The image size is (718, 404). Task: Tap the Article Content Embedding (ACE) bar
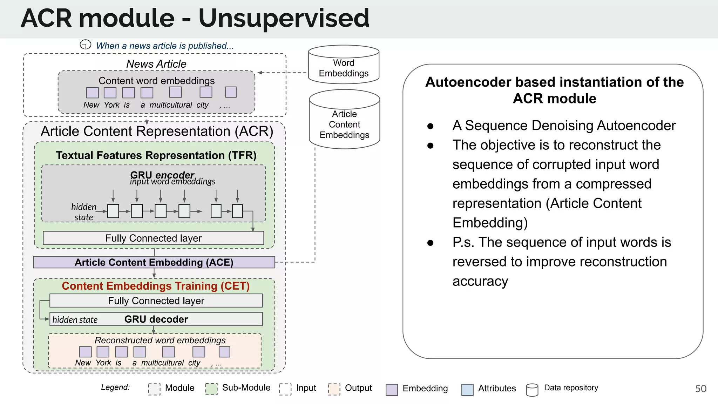point(154,262)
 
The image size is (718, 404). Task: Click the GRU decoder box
point(156,319)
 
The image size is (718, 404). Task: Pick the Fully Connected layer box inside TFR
point(153,238)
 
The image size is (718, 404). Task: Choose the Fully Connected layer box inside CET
point(156,301)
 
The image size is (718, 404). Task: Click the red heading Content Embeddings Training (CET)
point(156,286)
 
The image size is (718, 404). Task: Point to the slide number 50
point(700,389)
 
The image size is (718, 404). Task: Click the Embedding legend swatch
point(392,389)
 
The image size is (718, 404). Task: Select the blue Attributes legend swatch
point(467,389)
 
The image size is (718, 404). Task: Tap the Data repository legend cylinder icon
point(532,390)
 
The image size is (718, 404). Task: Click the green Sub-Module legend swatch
point(211,389)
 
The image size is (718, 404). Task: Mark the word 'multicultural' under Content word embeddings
point(171,105)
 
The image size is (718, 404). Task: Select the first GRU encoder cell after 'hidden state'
point(113,211)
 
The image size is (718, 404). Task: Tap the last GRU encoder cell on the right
point(237,211)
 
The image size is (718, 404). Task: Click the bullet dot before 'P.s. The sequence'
point(431,243)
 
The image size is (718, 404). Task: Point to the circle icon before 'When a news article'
point(86,45)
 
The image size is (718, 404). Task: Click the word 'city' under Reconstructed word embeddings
point(194,363)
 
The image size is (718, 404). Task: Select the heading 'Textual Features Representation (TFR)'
point(156,155)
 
